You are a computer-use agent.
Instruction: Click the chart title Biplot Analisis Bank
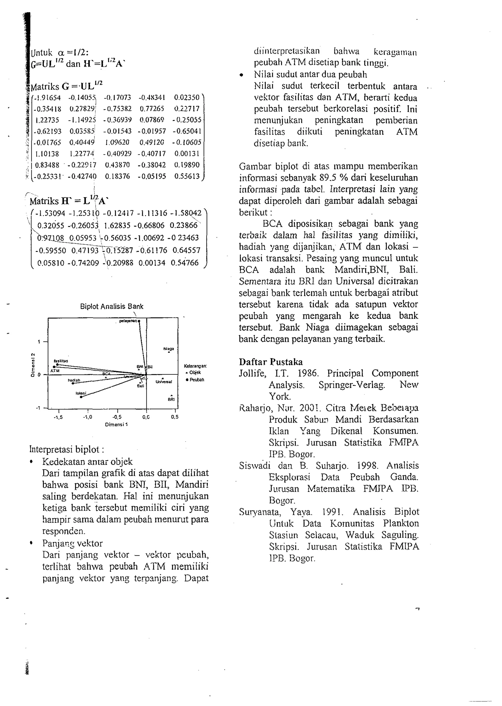coord(112,307)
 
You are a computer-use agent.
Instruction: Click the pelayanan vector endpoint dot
coord(139,321)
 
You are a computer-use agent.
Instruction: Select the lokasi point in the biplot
coord(81,397)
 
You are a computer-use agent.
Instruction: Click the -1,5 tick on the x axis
coord(58,417)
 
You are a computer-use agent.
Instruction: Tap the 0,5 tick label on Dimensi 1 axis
coord(175,417)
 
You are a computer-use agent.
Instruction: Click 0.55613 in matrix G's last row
coord(187,176)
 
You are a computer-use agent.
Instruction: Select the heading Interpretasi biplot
coord(66,449)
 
